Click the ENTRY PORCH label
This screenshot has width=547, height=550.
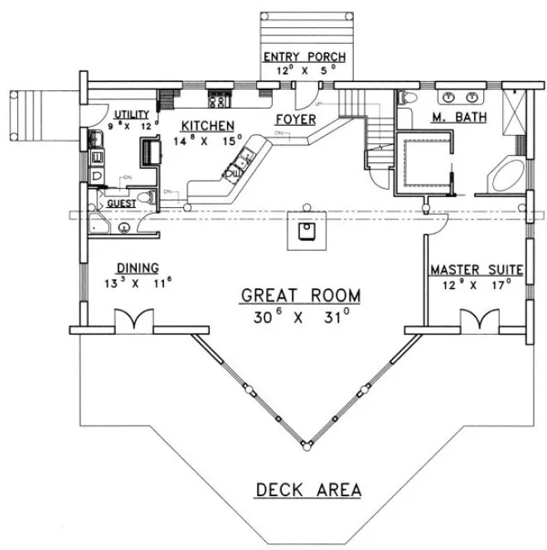(x=304, y=56)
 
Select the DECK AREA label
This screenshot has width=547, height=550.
(x=307, y=489)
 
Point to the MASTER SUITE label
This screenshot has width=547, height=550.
(x=475, y=270)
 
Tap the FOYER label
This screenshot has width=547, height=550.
(x=296, y=119)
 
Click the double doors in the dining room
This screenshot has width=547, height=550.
(x=133, y=321)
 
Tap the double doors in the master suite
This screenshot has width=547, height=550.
(x=476, y=321)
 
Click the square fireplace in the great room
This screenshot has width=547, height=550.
(x=306, y=229)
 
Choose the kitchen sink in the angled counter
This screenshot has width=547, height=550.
(x=240, y=162)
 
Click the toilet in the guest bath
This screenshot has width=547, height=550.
(x=146, y=198)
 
